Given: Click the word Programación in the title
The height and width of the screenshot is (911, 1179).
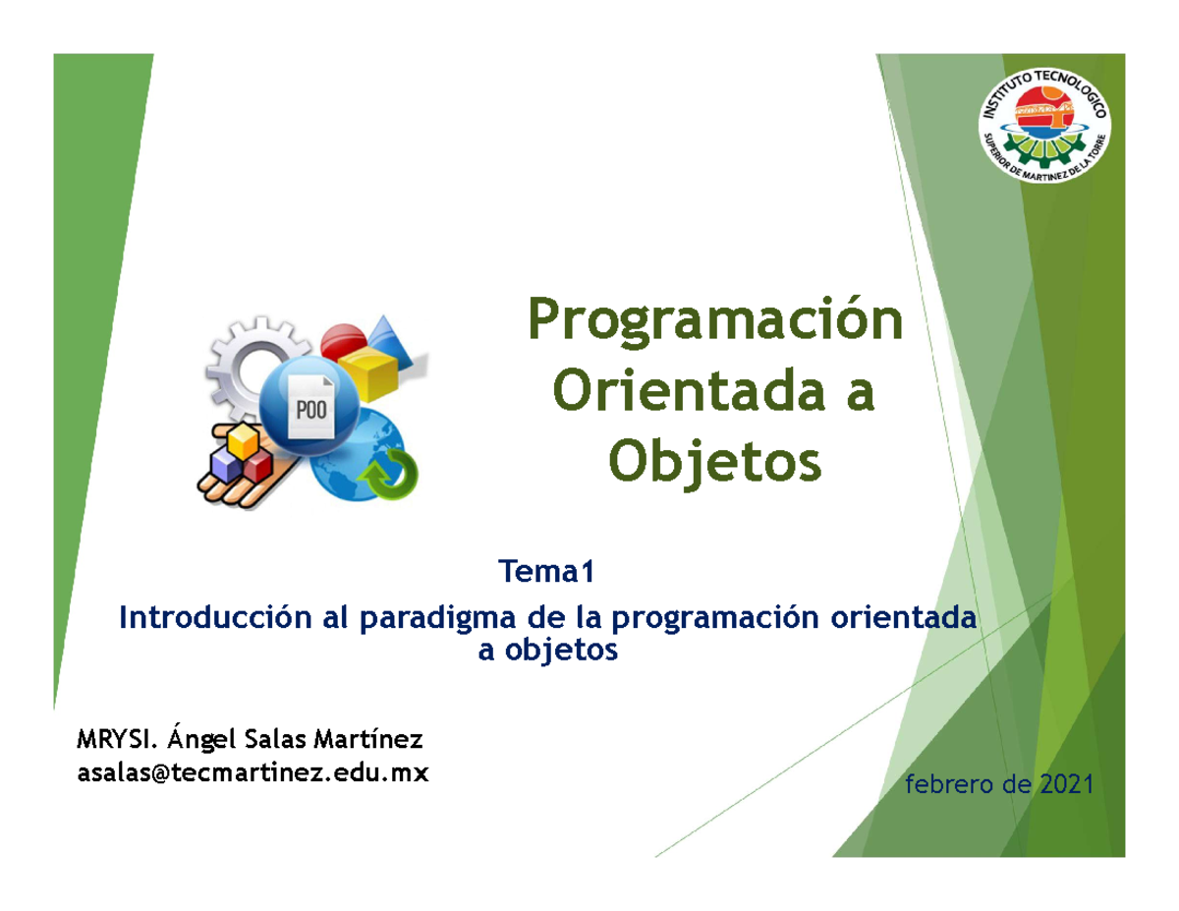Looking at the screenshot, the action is tap(715, 322).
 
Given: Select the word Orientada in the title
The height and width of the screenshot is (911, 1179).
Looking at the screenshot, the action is tap(689, 391).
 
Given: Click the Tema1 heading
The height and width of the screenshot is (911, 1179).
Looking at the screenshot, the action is tap(546, 571).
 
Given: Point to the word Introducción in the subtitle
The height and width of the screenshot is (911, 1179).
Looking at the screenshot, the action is tap(215, 617).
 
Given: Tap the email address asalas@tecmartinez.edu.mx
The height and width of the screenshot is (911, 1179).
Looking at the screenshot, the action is tap(253, 772).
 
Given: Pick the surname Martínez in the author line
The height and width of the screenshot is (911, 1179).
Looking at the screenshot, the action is tap(368, 738).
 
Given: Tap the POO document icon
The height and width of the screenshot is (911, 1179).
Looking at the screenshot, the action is tap(310, 407).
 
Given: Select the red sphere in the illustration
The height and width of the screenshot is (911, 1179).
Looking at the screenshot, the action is tap(342, 340).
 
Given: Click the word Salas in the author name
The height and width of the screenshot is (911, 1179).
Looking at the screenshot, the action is tap(277, 739).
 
